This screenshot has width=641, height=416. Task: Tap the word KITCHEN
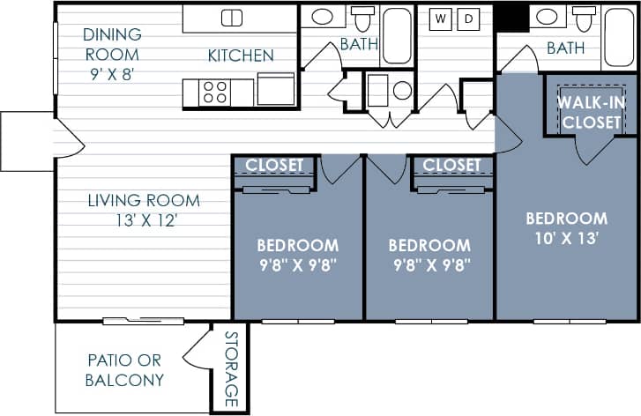[241, 56]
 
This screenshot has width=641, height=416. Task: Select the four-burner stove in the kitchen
[214, 92]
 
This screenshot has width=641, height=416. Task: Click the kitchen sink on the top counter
[231, 18]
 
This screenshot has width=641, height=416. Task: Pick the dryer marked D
[469, 19]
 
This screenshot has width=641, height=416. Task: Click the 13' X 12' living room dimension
[144, 220]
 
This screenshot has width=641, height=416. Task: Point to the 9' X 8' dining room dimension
[111, 74]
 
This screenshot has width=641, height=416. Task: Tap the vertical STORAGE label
[231, 368]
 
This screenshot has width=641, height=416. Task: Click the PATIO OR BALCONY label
[124, 370]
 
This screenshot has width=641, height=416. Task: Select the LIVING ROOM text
[144, 200]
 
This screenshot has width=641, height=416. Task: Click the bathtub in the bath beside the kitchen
[397, 36]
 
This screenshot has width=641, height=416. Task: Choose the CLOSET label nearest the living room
[273, 165]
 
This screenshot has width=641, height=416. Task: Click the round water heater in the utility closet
[402, 90]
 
